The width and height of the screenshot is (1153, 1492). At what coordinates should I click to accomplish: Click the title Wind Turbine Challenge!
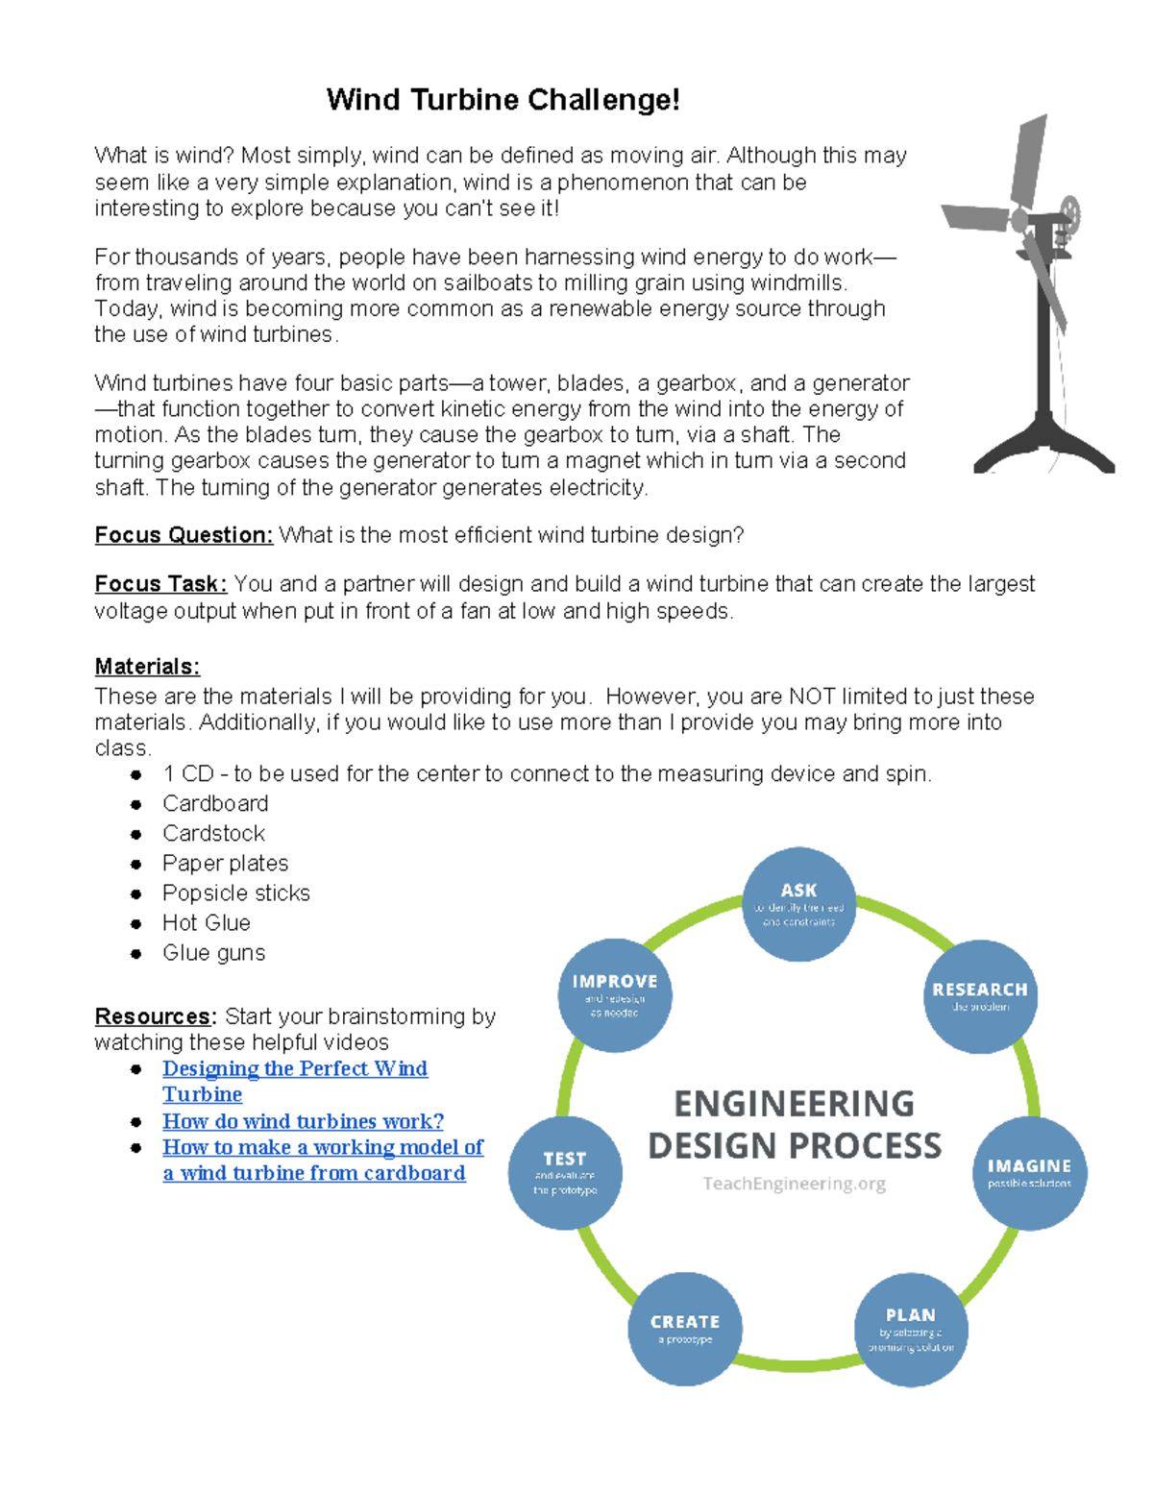pyautogui.click(x=503, y=100)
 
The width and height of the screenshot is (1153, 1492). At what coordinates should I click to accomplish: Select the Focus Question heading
pyautogui.click(x=184, y=535)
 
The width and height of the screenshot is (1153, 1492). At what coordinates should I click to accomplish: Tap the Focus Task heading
pyautogui.click(x=160, y=584)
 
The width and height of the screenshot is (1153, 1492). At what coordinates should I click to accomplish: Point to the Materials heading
pyautogui.click(x=147, y=667)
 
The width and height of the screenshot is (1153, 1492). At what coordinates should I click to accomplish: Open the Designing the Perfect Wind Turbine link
pyautogui.click(x=294, y=1069)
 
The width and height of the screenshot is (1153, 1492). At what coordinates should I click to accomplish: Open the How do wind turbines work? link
pyautogui.click(x=303, y=1121)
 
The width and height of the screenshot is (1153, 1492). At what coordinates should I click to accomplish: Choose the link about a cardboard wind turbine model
pyautogui.click(x=323, y=1148)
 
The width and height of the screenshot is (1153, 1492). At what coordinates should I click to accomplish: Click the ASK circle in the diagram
pyautogui.click(x=798, y=903)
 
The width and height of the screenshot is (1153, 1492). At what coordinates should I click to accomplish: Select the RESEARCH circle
pyautogui.click(x=980, y=996)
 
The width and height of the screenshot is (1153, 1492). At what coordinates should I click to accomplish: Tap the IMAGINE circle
pyautogui.click(x=1029, y=1173)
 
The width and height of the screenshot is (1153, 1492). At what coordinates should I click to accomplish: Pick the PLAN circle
pyautogui.click(x=911, y=1330)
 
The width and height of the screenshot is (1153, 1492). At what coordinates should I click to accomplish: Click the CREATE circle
pyautogui.click(x=685, y=1329)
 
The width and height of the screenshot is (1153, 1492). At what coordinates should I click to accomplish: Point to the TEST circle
pyautogui.click(x=565, y=1172)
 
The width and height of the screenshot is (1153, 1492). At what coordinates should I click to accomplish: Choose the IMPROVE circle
pyautogui.click(x=615, y=995)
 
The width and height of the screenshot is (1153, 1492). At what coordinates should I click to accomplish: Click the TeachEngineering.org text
pyautogui.click(x=794, y=1184)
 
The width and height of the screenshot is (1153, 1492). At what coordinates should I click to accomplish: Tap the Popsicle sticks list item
pyautogui.click(x=235, y=893)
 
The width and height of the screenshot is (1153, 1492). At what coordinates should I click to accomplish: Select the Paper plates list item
pyautogui.click(x=225, y=864)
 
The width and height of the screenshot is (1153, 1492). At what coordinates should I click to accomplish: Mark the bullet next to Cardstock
pyautogui.click(x=136, y=835)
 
